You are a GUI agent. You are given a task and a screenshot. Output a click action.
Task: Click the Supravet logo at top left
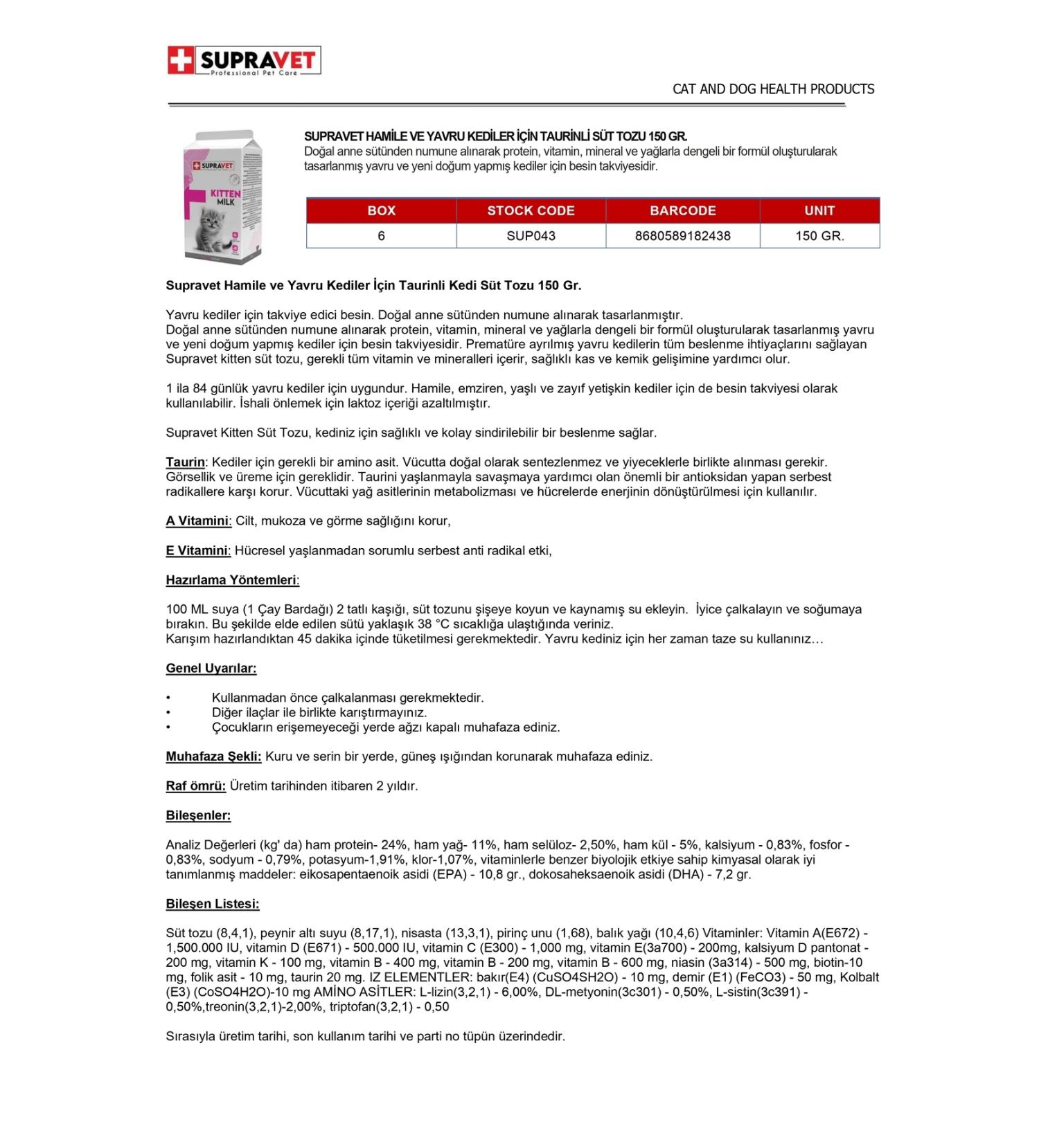point(244,61)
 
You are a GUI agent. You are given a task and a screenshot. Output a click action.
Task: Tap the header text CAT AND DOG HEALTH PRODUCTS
point(773,89)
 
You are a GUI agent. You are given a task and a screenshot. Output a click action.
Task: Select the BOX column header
point(381,210)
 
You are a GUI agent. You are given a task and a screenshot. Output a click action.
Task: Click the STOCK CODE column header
point(531,210)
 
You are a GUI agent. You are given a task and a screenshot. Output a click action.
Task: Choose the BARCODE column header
point(682,210)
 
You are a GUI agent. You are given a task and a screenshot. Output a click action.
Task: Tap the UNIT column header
point(819,210)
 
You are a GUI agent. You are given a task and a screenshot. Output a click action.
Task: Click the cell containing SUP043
point(531,236)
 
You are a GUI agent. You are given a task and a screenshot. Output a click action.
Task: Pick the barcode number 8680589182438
point(682,236)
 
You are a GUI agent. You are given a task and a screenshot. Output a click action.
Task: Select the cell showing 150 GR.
point(819,236)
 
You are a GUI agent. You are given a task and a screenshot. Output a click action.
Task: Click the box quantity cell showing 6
point(381,236)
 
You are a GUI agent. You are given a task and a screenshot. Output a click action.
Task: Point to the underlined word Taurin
point(185,462)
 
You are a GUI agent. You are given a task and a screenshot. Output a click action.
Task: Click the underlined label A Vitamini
point(197,521)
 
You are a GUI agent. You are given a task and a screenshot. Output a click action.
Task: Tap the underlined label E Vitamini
point(197,551)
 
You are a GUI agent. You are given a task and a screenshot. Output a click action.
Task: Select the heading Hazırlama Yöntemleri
point(232,580)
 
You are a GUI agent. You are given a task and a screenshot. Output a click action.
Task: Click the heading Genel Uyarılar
point(211,669)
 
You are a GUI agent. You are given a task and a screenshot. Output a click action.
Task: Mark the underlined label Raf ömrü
point(195,786)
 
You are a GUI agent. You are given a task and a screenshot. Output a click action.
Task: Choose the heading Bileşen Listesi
point(213,904)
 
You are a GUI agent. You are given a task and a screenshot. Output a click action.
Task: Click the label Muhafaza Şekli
point(213,756)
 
